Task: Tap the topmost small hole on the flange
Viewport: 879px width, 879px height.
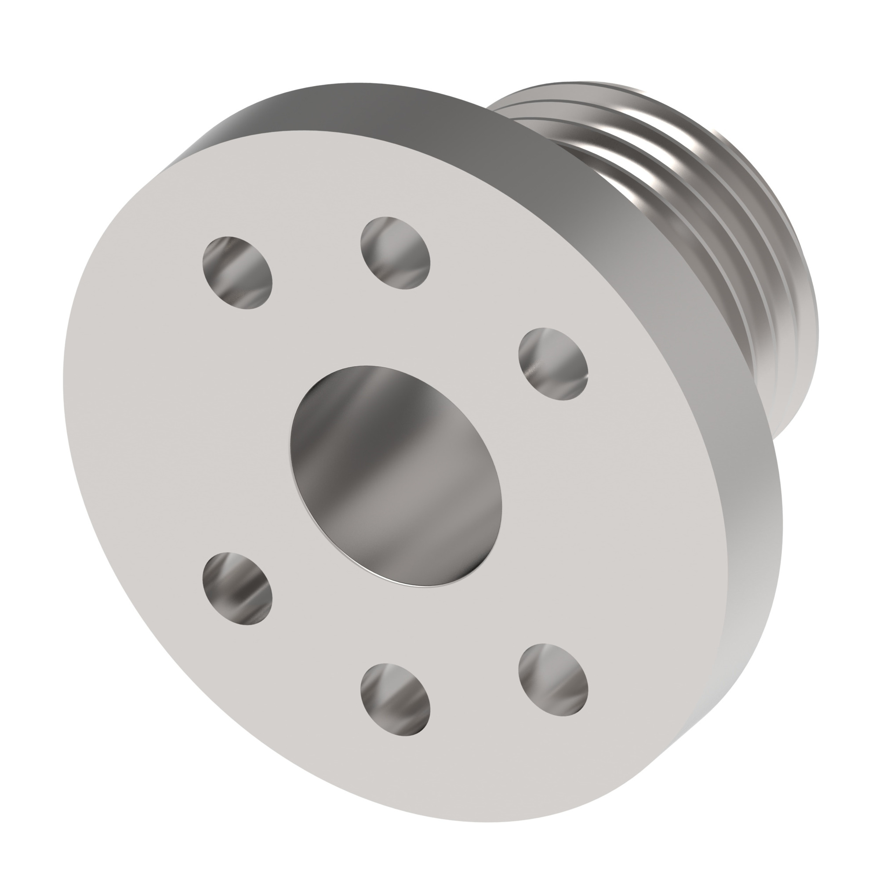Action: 395,253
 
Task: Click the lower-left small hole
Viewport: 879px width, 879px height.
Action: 237,588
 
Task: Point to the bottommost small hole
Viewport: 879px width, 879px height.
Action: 395,699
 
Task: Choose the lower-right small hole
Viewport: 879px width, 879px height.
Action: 553,679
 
